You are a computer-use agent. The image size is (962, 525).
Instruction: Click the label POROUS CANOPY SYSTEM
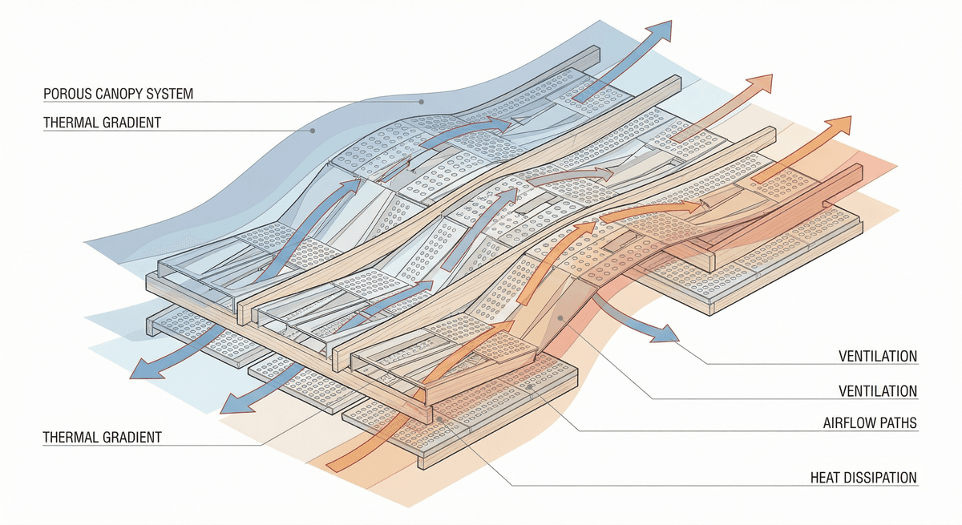pyautogui.click(x=118, y=95)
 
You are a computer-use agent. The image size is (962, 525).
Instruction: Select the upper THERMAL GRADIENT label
pyautogui.click(x=102, y=123)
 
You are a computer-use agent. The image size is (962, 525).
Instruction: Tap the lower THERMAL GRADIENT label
pyautogui.click(x=102, y=438)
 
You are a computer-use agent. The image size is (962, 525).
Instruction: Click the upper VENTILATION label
pyautogui.click(x=877, y=357)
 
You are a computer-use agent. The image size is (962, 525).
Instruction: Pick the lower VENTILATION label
pyautogui.click(x=877, y=391)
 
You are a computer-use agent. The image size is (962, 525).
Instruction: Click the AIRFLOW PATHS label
pyautogui.click(x=869, y=422)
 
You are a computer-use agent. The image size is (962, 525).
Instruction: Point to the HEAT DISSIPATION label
pyautogui.click(x=863, y=478)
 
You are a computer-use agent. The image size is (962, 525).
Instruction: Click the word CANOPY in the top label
pyautogui.click(x=115, y=95)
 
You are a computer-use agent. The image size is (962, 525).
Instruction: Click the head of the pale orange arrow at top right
pyautogui.click(x=766, y=80)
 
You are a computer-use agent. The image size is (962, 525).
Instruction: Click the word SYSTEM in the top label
pyautogui.click(x=169, y=95)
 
